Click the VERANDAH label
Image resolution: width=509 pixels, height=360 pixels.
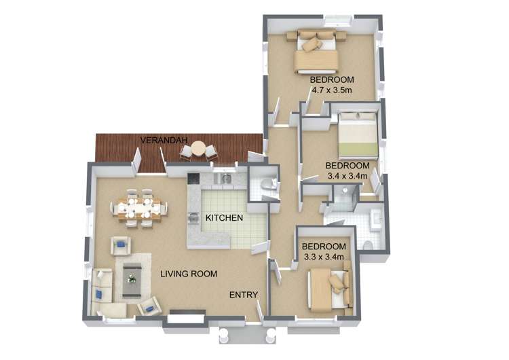[164, 141]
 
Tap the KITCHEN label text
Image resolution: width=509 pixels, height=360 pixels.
[225, 217]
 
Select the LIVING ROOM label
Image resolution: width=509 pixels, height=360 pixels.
[189, 274]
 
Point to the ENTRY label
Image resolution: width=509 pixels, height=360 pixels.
[244, 295]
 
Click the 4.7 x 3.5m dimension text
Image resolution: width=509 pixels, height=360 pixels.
[332, 90]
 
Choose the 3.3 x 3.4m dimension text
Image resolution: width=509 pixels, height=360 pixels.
[324, 257]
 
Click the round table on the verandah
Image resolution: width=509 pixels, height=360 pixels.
[197, 149]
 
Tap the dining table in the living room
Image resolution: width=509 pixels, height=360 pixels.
[140, 208]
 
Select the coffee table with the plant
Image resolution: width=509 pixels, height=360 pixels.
[132, 281]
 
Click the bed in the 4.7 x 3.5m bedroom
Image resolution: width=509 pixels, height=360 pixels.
[316, 51]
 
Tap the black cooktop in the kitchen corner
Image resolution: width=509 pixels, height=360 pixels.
[193, 179]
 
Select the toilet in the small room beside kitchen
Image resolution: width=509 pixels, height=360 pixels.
[268, 184]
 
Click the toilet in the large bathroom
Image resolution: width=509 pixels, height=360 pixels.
[368, 246]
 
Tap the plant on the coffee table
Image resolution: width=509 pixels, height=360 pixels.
[132, 278]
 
